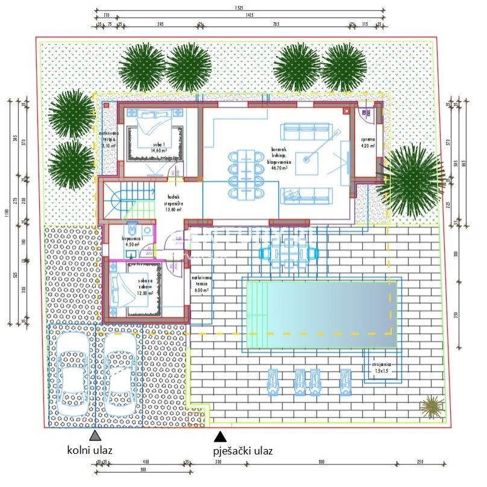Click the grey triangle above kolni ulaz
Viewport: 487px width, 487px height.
click(94, 436)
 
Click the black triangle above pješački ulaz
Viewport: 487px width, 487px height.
click(221, 436)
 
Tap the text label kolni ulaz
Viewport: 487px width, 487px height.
click(89, 450)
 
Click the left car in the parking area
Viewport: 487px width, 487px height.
click(72, 376)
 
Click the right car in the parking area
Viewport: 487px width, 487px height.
click(119, 376)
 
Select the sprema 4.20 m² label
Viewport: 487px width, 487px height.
click(368, 143)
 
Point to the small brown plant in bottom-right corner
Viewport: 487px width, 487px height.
click(430, 406)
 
